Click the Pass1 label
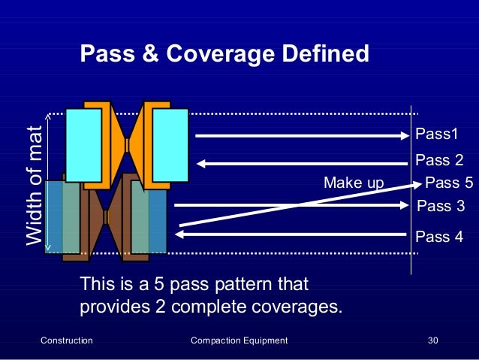point(436,134)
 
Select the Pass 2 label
point(439,160)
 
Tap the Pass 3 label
point(441,206)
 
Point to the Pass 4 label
point(439,237)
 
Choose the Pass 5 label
point(449,183)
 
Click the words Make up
point(353,183)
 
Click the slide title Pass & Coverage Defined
point(224,54)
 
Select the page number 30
point(432,340)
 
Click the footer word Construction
point(66,340)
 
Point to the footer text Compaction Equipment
point(239,340)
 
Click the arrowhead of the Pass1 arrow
point(404,136)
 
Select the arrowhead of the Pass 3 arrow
point(404,204)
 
